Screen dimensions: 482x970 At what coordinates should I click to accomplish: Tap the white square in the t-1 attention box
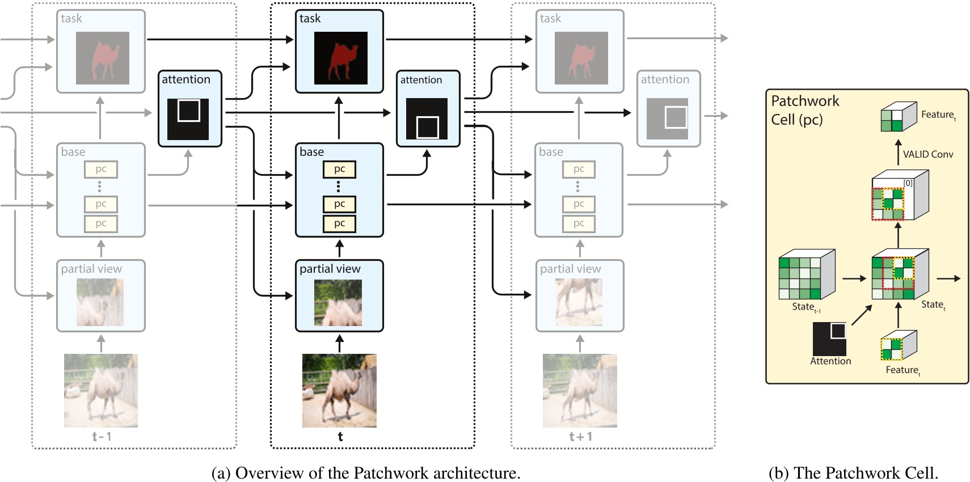189,111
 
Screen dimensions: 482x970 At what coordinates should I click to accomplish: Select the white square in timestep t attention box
428,127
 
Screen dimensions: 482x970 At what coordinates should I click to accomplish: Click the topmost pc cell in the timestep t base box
339,169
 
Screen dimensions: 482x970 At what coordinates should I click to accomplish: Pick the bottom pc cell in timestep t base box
339,223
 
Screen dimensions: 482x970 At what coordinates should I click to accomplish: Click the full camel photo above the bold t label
339,390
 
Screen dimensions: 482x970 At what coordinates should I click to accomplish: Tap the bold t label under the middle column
340,437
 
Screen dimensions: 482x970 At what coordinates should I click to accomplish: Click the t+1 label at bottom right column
580,437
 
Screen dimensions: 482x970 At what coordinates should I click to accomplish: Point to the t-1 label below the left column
102,437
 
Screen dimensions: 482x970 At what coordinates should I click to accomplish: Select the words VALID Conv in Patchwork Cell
928,154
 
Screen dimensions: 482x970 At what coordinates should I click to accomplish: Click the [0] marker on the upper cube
908,183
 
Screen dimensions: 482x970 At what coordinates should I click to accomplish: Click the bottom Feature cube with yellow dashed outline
899,346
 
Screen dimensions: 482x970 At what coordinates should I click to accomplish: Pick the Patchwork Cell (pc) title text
804,110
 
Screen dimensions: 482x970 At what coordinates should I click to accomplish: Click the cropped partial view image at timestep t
338,303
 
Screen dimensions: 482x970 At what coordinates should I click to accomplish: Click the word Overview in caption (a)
269,473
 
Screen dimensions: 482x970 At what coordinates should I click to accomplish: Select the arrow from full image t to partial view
340,343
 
